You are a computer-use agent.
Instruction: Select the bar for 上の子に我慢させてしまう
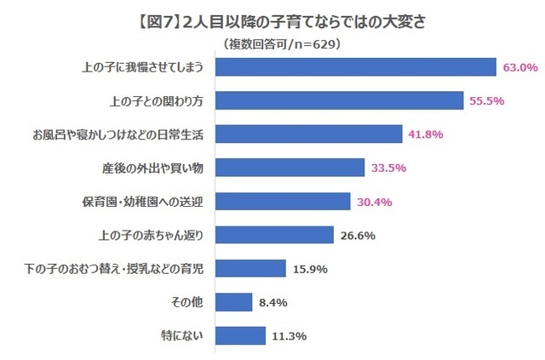pos(356,67)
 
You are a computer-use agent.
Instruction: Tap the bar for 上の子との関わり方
pos(340,100)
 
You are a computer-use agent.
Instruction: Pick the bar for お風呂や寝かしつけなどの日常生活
pos(309,134)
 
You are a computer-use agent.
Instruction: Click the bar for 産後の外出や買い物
pos(290,168)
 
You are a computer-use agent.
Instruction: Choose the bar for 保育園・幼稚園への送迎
pos(284,201)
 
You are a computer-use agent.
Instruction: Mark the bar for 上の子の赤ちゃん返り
pos(275,235)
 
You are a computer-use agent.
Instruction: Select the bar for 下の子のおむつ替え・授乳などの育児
pos(251,268)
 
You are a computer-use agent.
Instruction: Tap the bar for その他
pos(234,301)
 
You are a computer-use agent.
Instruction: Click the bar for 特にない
pos(241,335)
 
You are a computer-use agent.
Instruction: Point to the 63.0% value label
pos(520,67)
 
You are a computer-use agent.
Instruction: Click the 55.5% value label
pos(488,100)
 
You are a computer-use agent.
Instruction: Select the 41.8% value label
pos(425,134)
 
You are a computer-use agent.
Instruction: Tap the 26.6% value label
pos(357,235)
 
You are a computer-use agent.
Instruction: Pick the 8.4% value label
pos(272,301)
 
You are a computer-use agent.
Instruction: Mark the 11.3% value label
pos(289,335)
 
